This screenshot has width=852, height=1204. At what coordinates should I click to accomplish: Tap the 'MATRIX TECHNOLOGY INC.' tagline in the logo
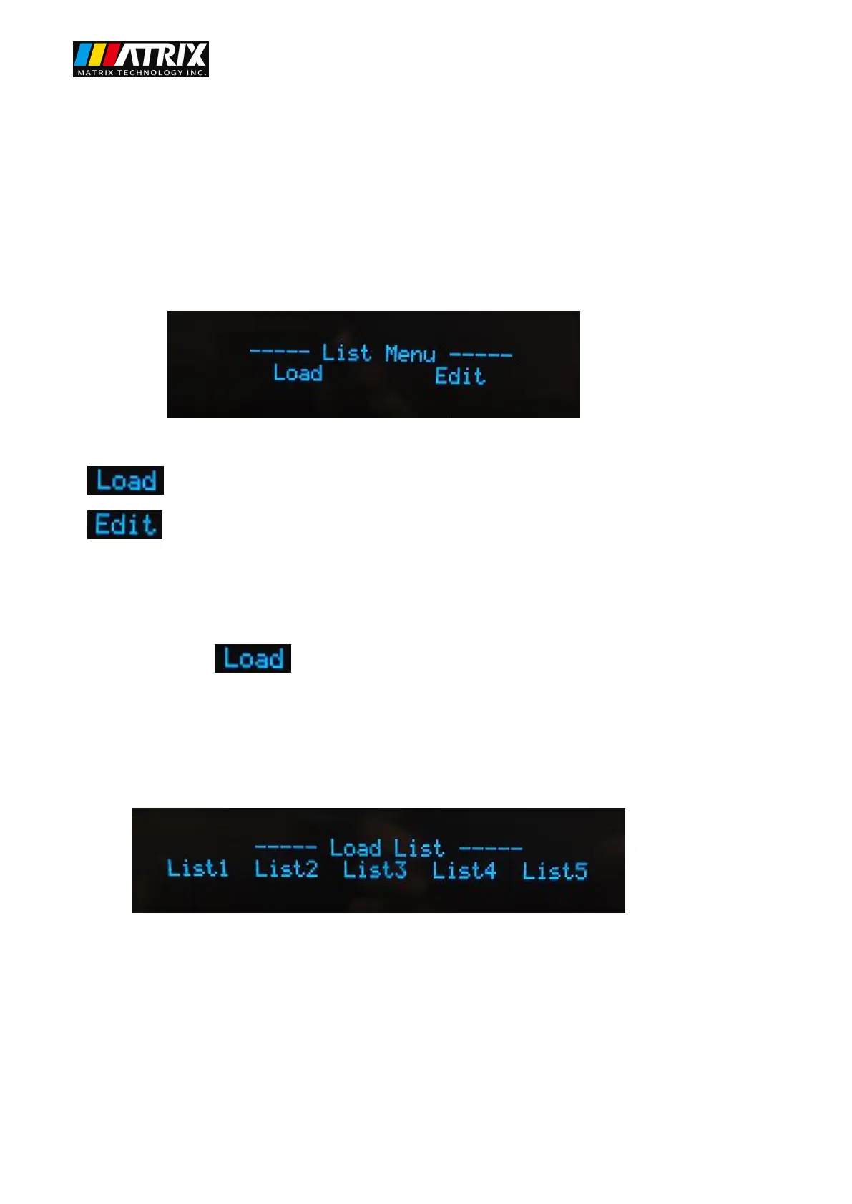(x=141, y=73)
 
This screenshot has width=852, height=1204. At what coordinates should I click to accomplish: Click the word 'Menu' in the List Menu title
(x=410, y=354)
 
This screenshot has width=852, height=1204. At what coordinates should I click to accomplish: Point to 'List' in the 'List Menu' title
(x=346, y=352)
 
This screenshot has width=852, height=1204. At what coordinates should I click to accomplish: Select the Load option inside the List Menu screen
(x=298, y=373)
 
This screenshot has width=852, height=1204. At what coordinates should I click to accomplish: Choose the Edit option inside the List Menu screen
(x=460, y=376)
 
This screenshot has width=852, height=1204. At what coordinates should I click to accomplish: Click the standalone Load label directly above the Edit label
(x=126, y=480)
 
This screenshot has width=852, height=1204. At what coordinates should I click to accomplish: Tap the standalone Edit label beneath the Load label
(x=125, y=525)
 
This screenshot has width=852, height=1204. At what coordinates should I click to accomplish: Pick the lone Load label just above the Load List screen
(x=253, y=658)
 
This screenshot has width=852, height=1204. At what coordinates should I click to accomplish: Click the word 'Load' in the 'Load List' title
(x=355, y=848)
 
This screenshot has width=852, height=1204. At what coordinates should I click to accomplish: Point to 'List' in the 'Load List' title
(x=418, y=849)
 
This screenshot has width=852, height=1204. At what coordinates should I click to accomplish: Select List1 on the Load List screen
(x=197, y=868)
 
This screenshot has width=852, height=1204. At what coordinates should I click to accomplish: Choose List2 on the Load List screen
(x=286, y=869)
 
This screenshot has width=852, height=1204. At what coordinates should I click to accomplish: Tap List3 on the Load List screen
(x=375, y=870)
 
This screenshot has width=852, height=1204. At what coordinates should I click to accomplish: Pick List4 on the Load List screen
(x=464, y=871)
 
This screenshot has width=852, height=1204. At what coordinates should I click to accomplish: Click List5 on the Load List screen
(x=554, y=872)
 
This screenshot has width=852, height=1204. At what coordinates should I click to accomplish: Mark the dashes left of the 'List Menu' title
(x=279, y=351)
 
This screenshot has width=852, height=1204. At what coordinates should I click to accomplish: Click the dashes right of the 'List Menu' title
(x=481, y=355)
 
